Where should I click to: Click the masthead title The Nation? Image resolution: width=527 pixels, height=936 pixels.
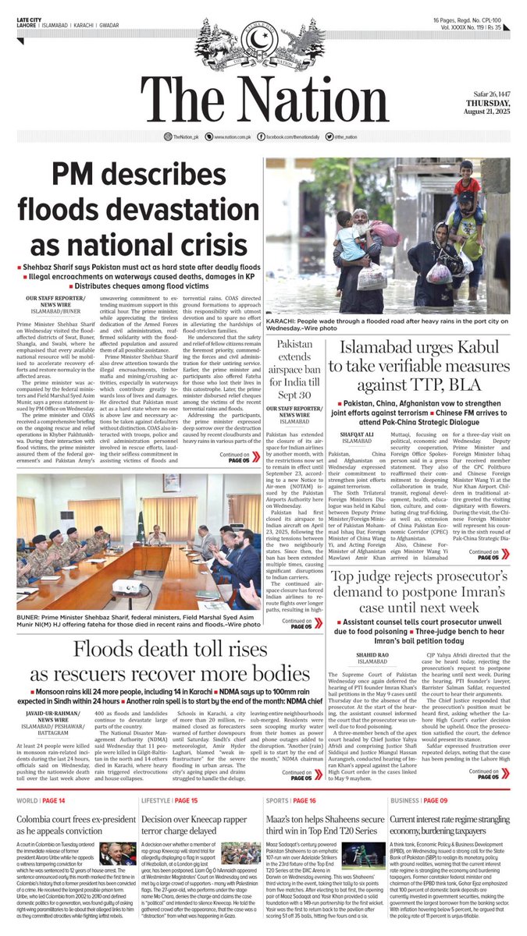point(263,99)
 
